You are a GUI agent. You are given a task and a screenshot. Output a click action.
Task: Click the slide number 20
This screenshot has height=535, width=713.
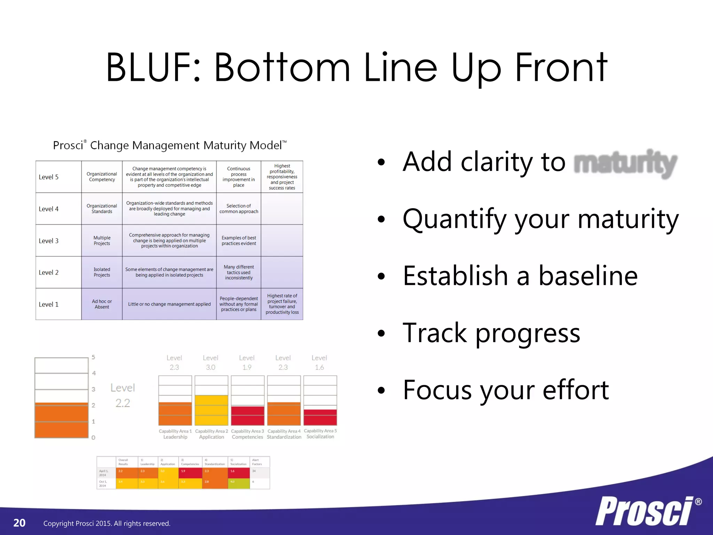[x=19, y=523]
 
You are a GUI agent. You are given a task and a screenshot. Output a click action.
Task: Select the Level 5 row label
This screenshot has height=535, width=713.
[x=49, y=177]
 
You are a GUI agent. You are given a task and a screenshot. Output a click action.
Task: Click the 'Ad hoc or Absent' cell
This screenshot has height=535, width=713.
[x=102, y=304]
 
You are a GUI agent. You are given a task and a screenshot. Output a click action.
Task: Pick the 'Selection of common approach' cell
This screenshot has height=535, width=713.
[x=238, y=209]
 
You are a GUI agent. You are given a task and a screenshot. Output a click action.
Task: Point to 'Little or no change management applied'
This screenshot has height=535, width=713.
[x=169, y=304]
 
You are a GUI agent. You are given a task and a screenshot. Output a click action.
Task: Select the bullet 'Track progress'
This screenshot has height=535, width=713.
[x=491, y=333]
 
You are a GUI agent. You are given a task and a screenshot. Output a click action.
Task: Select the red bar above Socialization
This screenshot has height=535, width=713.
[x=320, y=417]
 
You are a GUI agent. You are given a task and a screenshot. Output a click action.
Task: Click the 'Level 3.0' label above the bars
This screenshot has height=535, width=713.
[x=210, y=363]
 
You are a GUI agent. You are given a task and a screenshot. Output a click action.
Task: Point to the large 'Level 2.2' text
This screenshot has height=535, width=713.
[x=123, y=395]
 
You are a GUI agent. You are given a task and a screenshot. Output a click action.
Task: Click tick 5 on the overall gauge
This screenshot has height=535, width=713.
[x=93, y=357]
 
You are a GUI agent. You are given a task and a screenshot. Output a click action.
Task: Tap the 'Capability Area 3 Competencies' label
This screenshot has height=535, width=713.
[x=247, y=434]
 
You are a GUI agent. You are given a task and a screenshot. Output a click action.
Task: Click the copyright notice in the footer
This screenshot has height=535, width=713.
[x=107, y=524]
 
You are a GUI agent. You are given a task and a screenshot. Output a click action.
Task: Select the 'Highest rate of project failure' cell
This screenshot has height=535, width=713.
[x=282, y=304]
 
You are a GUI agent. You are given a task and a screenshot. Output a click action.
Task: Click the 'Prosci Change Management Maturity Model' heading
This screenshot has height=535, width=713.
[x=170, y=145]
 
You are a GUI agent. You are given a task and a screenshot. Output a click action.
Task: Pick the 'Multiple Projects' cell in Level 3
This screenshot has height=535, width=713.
[x=102, y=240]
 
